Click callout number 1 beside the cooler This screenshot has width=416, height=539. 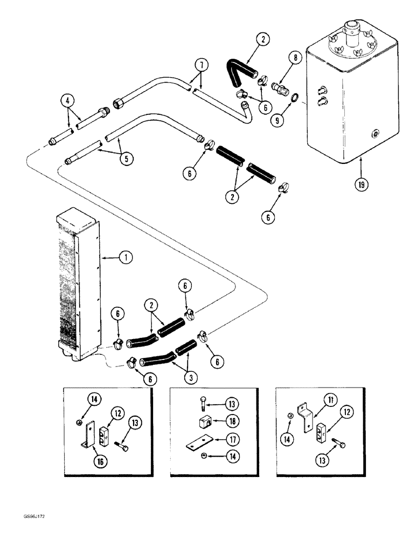click(x=125, y=258)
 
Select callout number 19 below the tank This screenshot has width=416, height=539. click(x=360, y=183)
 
